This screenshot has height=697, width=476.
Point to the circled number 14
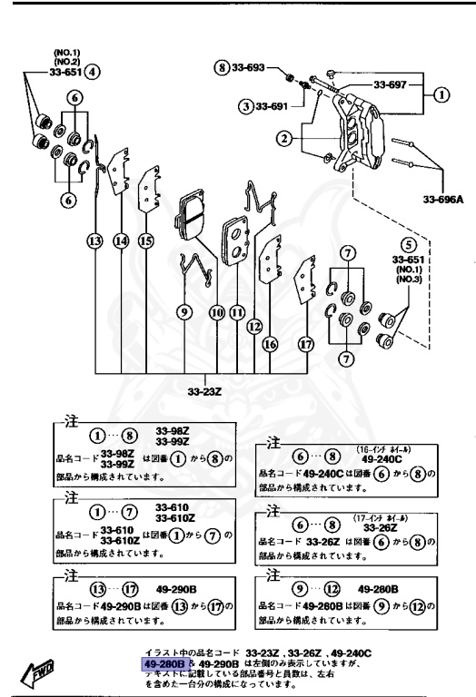121,241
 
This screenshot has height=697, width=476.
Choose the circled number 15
145,241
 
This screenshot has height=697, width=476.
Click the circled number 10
216,312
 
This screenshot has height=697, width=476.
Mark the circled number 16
269,344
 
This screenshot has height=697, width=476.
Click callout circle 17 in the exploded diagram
306,344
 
